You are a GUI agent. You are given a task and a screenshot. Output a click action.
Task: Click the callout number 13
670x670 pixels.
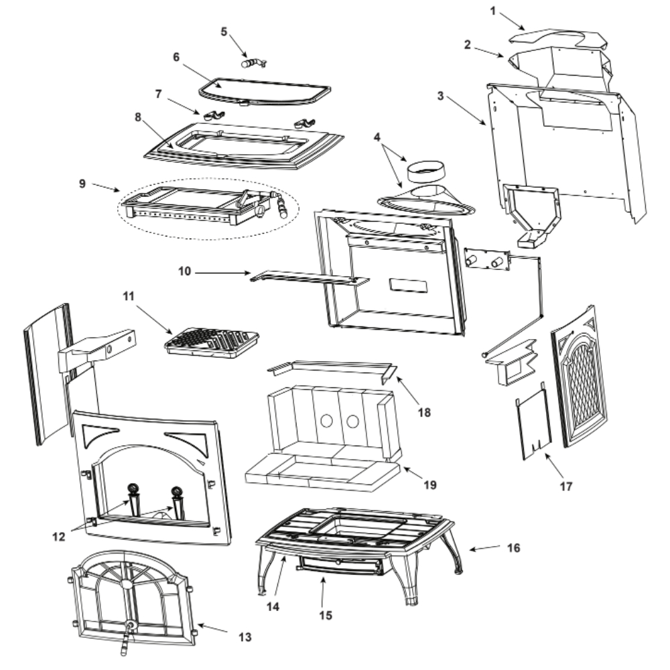[x=245, y=637]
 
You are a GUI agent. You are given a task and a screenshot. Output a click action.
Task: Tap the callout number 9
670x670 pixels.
[x=82, y=184]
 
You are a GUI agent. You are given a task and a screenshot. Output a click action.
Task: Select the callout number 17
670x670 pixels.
[x=565, y=486]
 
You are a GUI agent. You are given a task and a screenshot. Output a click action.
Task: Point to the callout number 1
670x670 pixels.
[x=492, y=11]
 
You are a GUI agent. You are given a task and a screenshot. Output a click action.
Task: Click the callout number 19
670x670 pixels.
[x=430, y=485]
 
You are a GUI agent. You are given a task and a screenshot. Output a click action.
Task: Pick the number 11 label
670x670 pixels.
[x=128, y=296]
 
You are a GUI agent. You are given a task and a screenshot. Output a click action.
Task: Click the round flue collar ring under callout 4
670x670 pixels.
[x=425, y=171]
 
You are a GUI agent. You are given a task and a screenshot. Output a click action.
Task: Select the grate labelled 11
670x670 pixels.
[x=212, y=342]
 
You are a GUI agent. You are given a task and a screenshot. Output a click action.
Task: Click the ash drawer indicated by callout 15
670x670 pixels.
[x=338, y=566]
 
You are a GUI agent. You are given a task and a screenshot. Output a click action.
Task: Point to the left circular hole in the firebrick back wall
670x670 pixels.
[x=326, y=421]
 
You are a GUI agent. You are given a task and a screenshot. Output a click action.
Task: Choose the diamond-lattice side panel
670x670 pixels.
[x=580, y=377]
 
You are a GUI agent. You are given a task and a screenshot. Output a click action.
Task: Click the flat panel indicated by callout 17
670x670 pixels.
[x=534, y=421]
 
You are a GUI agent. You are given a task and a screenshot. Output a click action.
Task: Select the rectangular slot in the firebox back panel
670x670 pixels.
[x=408, y=285]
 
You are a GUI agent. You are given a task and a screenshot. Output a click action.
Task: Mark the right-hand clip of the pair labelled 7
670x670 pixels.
[x=304, y=123]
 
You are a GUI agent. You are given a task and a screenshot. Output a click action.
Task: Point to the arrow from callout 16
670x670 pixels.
[x=484, y=548]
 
